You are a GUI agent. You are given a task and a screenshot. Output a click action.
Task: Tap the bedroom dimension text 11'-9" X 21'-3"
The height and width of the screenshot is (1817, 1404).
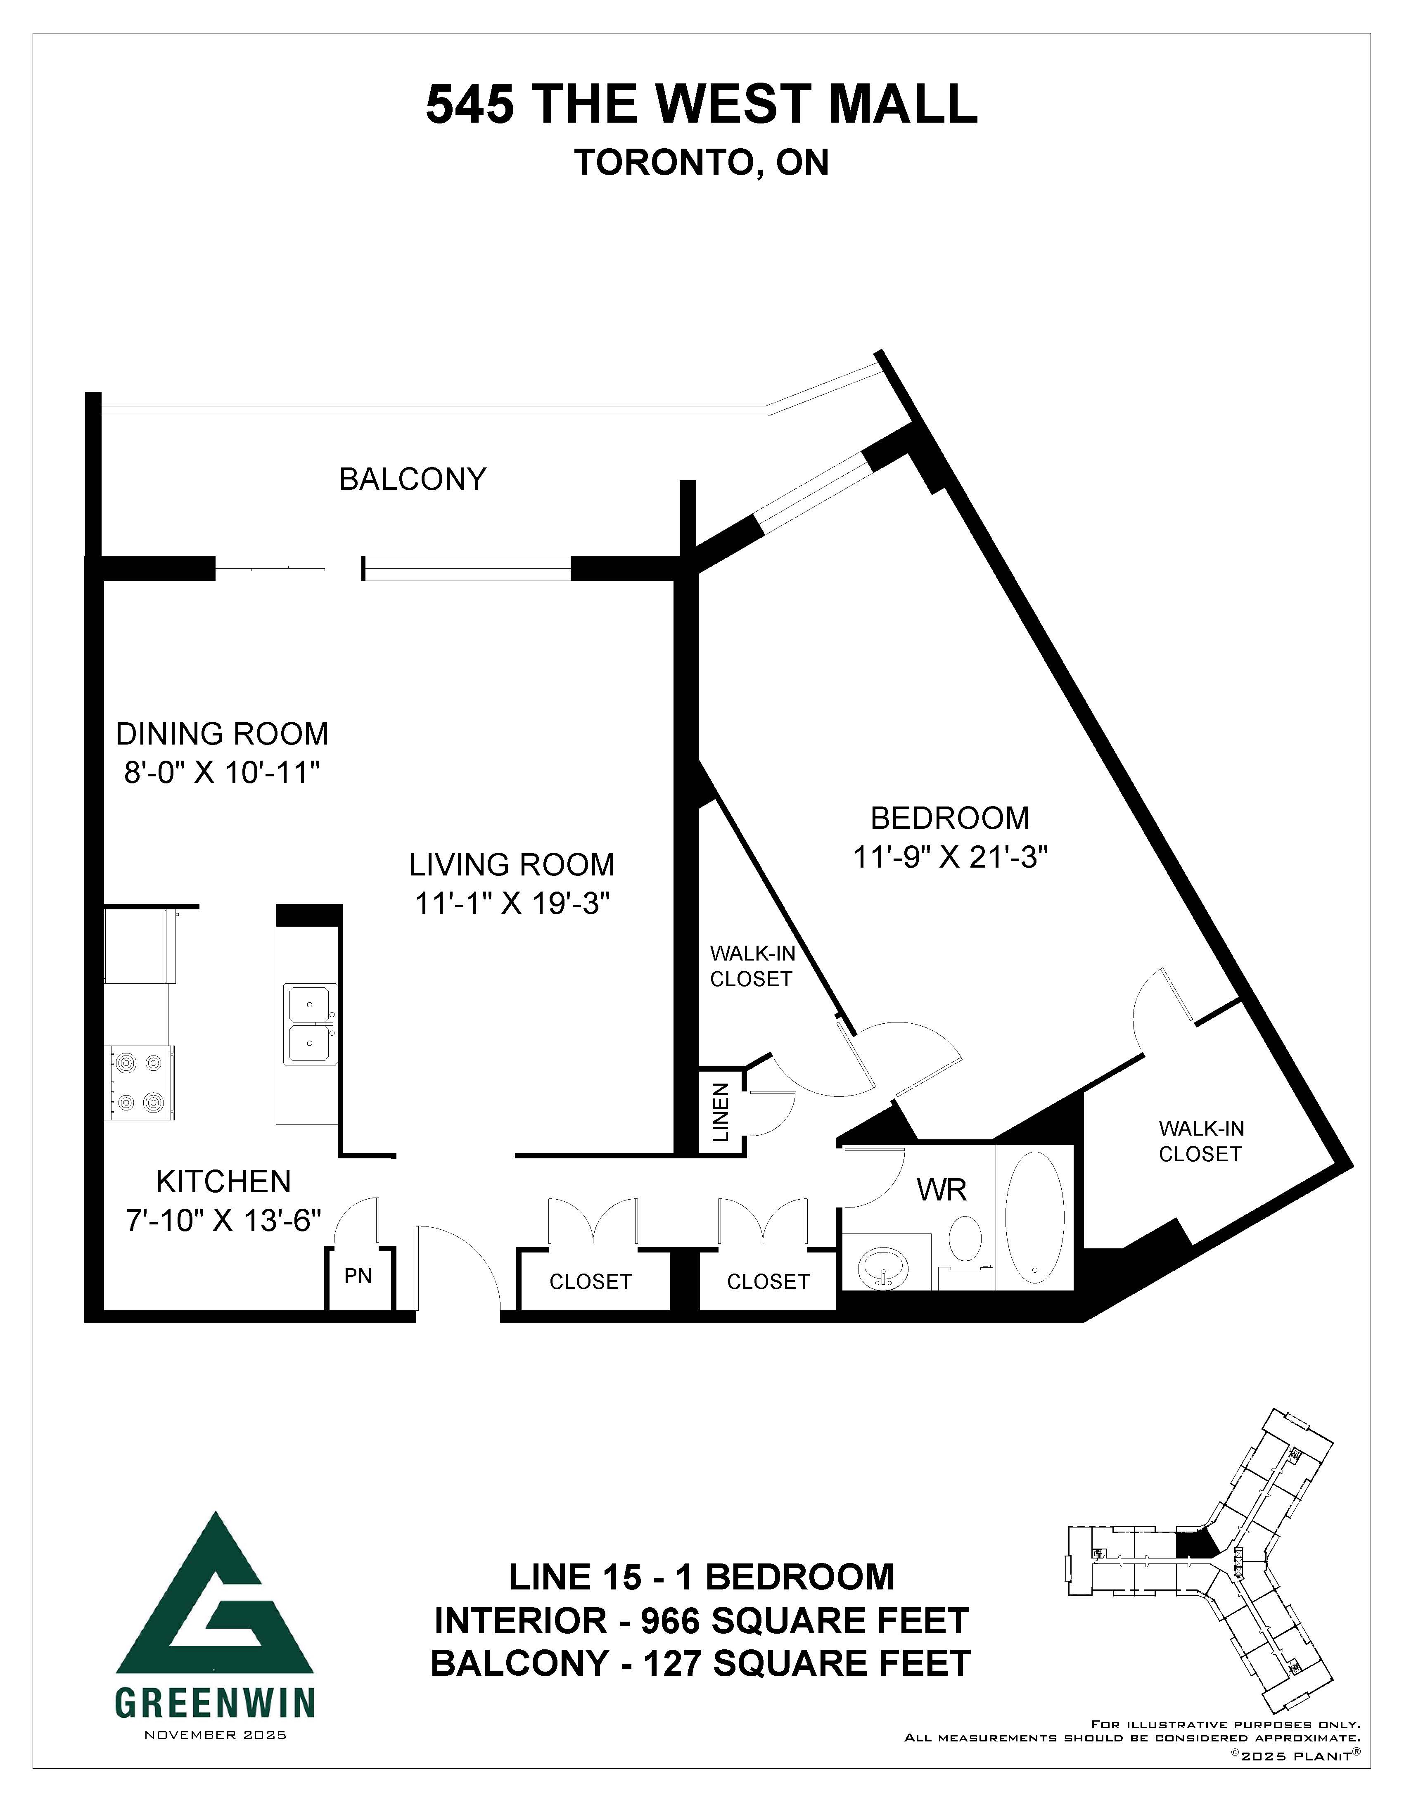950,857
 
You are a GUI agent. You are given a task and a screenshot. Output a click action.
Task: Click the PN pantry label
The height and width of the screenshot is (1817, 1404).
358,1275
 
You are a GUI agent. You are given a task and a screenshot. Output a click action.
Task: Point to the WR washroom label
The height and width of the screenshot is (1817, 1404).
942,1190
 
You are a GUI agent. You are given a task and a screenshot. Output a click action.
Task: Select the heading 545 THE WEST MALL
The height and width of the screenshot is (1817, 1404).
701,104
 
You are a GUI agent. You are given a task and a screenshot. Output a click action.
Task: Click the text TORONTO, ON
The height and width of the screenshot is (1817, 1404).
701,163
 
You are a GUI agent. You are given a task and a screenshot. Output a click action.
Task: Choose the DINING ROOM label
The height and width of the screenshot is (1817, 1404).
222,734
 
